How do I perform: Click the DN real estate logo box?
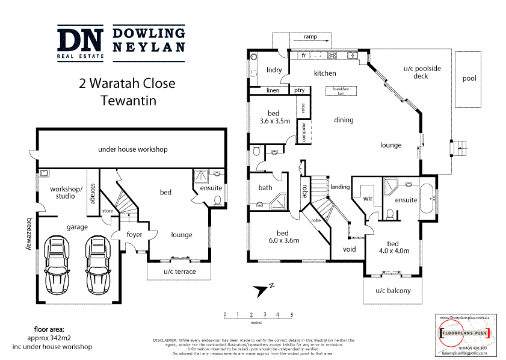click(81, 42)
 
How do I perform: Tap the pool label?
click(468, 79)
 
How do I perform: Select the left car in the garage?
click(58, 263)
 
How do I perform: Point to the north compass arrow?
click(262, 290)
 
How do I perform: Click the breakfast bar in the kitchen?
click(341, 91)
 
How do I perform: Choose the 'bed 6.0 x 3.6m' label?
click(282, 237)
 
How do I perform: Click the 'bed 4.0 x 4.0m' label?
click(394, 247)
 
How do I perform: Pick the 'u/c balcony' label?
click(393, 291)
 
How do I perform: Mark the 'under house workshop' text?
click(132, 149)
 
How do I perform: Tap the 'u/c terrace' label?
click(179, 272)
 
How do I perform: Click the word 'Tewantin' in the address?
click(127, 101)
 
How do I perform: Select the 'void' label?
click(349, 249)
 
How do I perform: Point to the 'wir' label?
click(368, 197)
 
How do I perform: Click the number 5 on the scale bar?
click(291, 315)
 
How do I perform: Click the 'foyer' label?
click(134, 235)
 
